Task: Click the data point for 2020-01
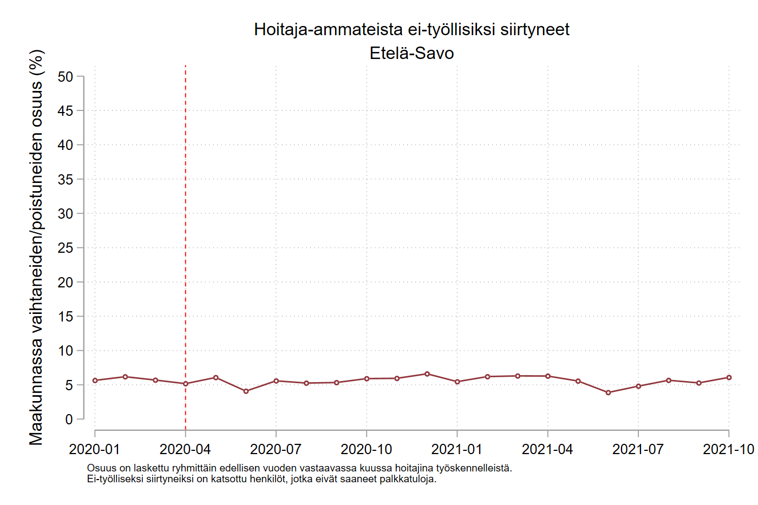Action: click(x=95, y=381)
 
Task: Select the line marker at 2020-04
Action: click(x=186, y=384)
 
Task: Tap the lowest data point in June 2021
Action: click(x=609, y=392)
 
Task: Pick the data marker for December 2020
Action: click(x=427, y=374)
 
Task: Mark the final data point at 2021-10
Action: click(x=729, y=377)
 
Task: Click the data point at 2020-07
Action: click(x=276, y=381)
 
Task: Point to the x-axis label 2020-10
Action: click(x=367, y=449)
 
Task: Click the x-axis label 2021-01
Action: click(x=457, y=449)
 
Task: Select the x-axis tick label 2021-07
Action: click(x=638, y=449)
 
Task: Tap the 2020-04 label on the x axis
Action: click(x=185, y=449)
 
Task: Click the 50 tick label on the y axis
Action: click(x=65, y=77)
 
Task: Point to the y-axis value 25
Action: click(x=65, y=248)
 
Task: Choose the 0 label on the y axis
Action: click(x=69, y=419)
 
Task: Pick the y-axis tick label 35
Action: click(x=65, y=179)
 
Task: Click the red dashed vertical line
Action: click(x=186, y=217)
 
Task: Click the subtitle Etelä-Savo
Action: click(x=411, y=53)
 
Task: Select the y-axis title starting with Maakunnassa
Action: click(x=36, y=247)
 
